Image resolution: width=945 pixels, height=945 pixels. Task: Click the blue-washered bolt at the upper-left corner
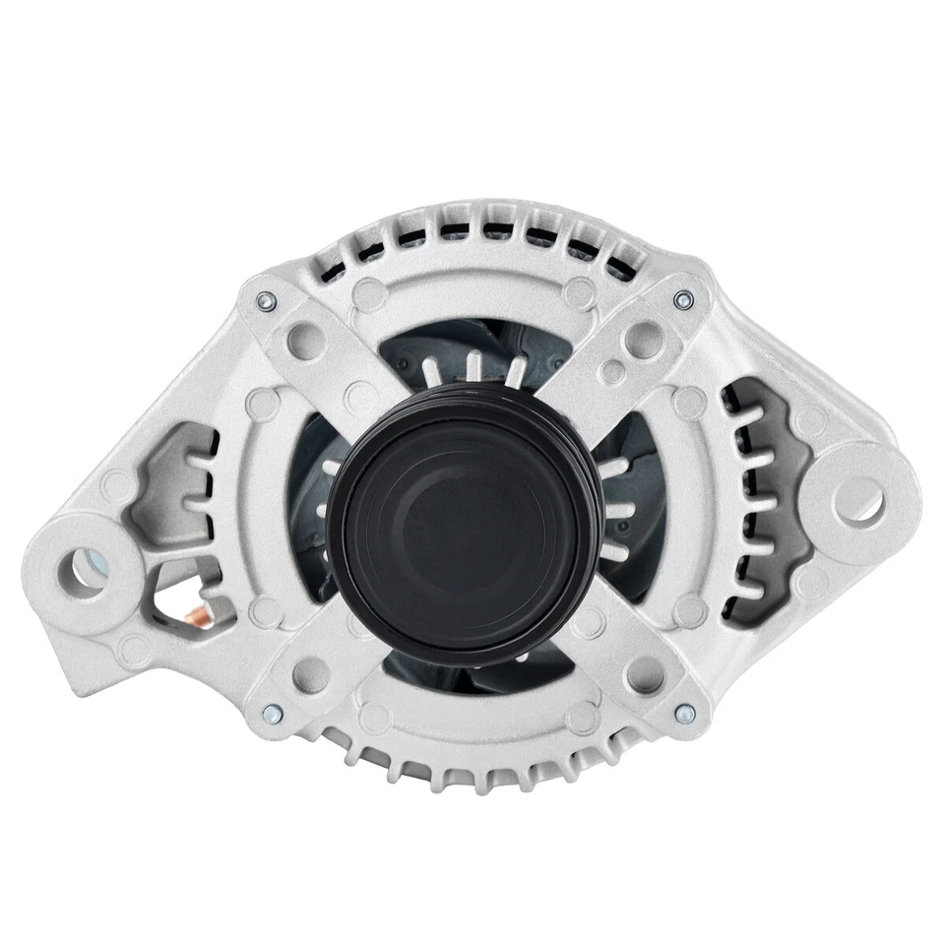pyautogui.click(x=265, y=301)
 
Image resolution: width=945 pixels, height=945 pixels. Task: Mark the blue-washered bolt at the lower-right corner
pyautogui.click(x=685, y=712)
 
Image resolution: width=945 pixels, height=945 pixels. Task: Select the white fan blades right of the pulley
pyautogui.click(x=615, y=512)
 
